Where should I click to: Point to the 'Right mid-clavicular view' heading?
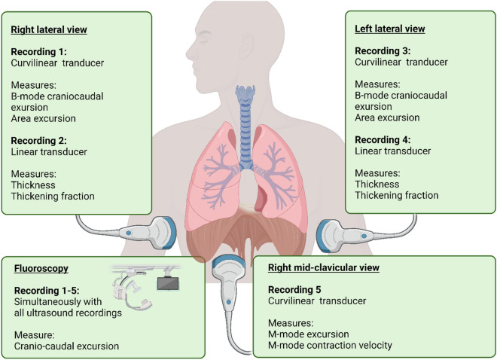point(327,267)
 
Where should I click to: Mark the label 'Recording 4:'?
point(381,139)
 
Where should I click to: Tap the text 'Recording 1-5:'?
point(43,289)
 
